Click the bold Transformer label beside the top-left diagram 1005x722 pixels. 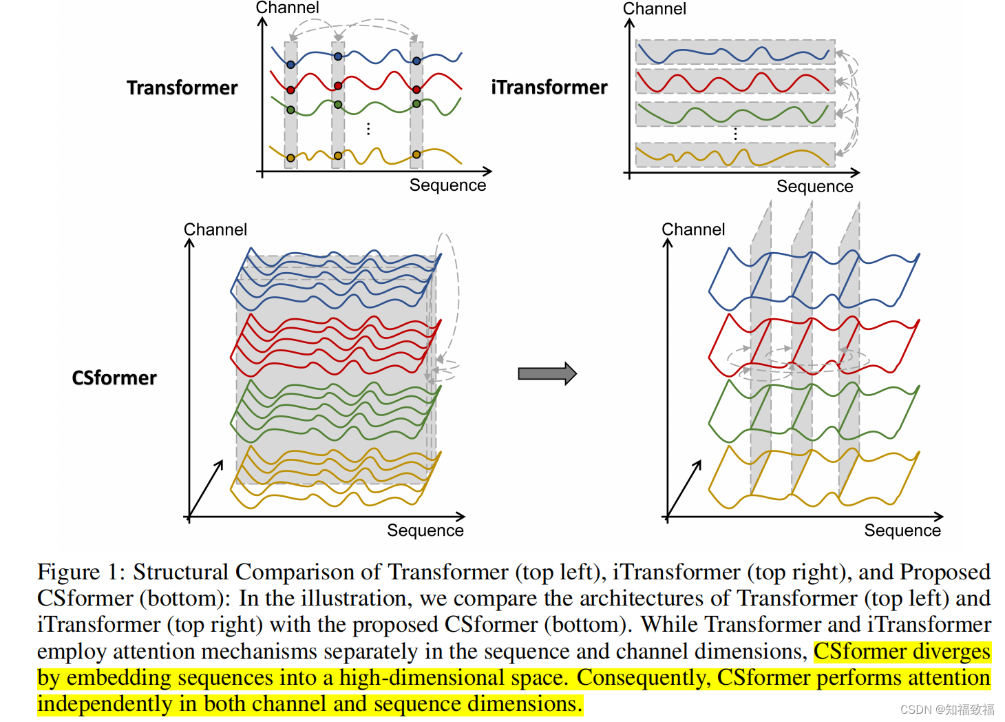point(182,88)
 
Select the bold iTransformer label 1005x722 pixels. point(549,87)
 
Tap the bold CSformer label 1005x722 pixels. point(114,378)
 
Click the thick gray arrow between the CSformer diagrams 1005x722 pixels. point(547,373)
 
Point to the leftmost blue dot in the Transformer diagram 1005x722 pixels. point(290,65)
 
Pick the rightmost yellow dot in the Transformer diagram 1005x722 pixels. point(416,155)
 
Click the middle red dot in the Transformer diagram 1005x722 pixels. point(338,86)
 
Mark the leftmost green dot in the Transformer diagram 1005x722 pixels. point(290,110)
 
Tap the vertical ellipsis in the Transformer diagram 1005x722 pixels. point(369,129)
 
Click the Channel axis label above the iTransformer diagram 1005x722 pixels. point(654,9)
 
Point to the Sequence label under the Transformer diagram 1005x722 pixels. point(447,185)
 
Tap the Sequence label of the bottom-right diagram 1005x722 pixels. point(902,530)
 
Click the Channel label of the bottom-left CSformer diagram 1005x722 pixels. point(215,229)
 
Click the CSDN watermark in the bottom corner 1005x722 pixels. point(946,710)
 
